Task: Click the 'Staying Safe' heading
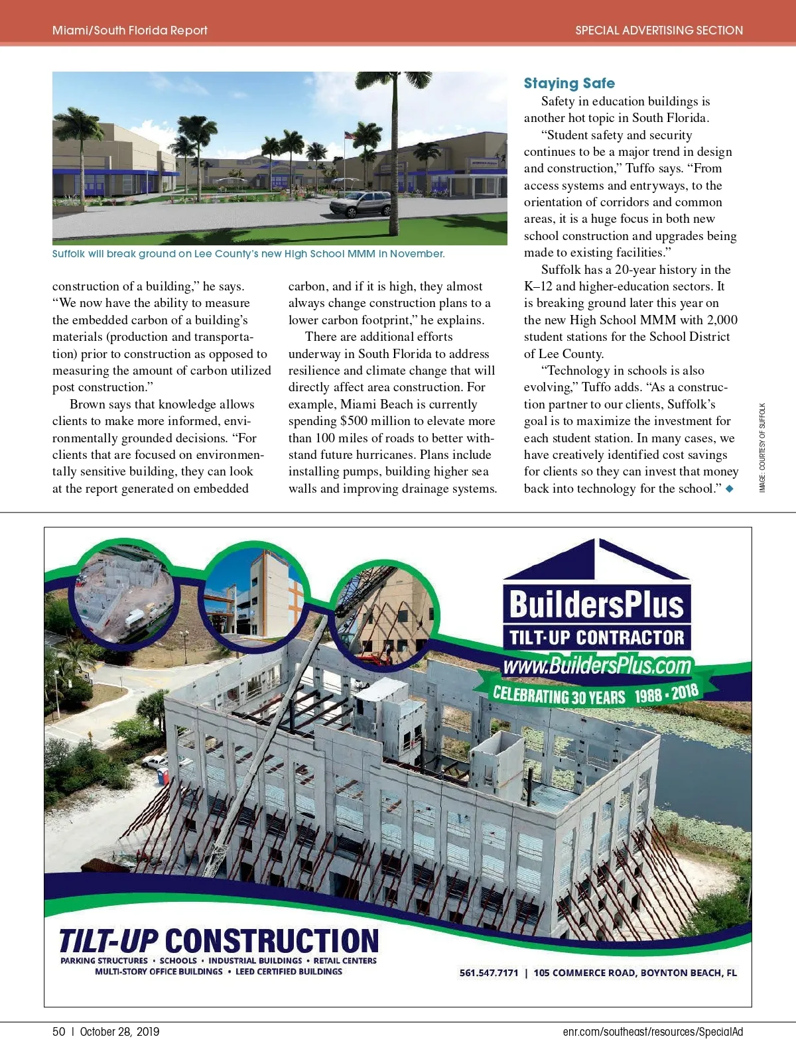[569, 84]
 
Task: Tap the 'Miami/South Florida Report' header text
[130, 31]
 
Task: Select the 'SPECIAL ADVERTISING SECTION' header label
[659, 31]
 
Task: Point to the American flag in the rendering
[349, 136]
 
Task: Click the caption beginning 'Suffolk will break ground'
[248, 254]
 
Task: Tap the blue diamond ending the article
[730, 489]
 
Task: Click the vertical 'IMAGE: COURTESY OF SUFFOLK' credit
[763, 448]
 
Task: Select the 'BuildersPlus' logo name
[596, 604]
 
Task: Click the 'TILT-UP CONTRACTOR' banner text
[596, 638]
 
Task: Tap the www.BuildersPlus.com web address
[597, 665]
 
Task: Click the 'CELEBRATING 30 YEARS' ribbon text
[559, 696]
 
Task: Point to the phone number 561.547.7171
[489, 973]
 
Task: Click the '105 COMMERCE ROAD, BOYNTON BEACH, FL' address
[635, 973]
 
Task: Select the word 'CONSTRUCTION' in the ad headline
[272, 942]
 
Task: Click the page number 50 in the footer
[59, 1032]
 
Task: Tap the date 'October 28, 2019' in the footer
[119, 1032]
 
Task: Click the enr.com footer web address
[653, 1032]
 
